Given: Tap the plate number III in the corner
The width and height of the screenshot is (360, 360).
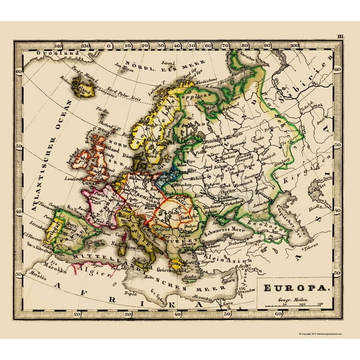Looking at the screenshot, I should pyautogui.click(x=341, y=37).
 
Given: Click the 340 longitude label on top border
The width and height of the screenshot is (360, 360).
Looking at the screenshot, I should pyautogui.click(x=59, y=46).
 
